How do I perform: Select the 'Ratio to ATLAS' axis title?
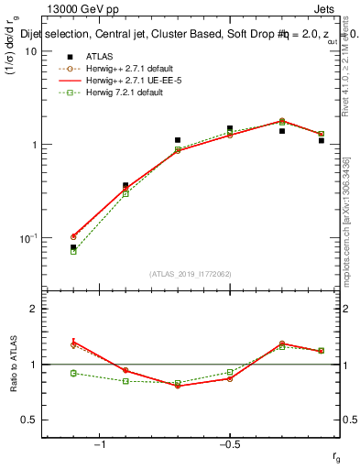pyautogui.click(x=14, y=364)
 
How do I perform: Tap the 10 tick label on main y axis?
pyautogui.click(x=29, y=51)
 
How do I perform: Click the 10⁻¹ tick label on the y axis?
pyautogui.click(x=27, y=237)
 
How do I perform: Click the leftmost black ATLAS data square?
pyautogui.click(x=73, y=247)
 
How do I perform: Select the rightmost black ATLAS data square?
pyautogui.click(x=322, y=140)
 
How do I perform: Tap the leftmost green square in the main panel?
pyautogui.click(x=73, y=251)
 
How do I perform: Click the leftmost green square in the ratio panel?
pyautogui.click(x=73, y=373)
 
